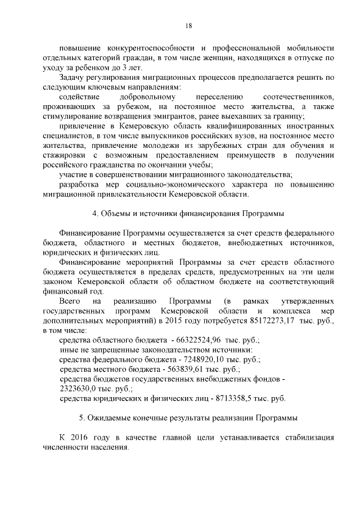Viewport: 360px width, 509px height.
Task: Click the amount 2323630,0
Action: tap(80, 389)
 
